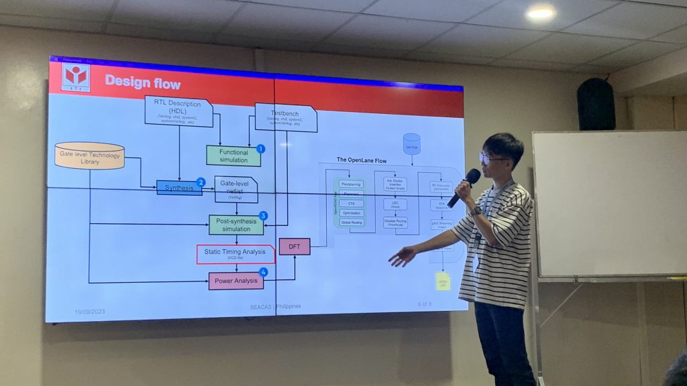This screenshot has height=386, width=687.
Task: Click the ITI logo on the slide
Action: [76, 77]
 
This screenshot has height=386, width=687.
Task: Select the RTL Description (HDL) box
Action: [178, 111]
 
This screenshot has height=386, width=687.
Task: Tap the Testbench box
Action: [285, 117]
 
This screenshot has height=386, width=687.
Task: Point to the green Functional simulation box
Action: [233, 155]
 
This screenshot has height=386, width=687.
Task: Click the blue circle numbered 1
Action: [260, 149]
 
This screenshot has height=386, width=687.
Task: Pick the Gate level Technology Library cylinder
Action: [89, 155]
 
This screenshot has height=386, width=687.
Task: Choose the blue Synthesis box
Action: [179, 188]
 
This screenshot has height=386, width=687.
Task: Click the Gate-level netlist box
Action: [236, 189]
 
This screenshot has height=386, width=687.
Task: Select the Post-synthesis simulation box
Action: [236, 224]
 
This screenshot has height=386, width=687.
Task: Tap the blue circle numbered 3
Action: [263, 216]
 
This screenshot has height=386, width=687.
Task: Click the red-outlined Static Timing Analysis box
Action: [235, 254]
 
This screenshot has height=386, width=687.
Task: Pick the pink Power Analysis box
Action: [236, 280]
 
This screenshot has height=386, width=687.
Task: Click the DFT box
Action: [295, 247]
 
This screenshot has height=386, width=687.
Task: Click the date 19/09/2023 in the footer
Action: [89, 312]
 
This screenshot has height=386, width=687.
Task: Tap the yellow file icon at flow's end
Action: [443, 281]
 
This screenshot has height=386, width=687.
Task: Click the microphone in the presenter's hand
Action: [464, 187]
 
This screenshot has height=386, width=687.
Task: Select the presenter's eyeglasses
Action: [492, 159]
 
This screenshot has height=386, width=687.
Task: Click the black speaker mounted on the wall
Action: [596, 105]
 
